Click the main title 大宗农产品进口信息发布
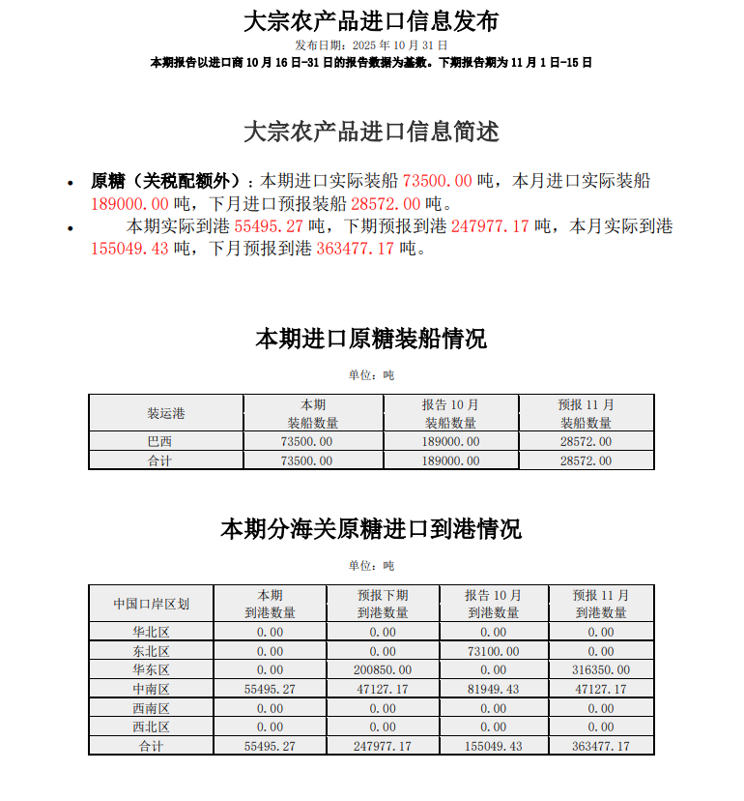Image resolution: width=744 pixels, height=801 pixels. coord(371,20)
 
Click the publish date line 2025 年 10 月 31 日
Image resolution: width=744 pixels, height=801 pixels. coord(371,45)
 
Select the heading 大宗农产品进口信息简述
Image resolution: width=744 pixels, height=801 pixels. coord(371,132)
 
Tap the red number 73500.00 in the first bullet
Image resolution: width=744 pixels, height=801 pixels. coord(438,181)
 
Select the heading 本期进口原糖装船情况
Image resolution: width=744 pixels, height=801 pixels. coord(371,339)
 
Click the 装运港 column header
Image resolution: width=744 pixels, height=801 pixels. coord(165,413)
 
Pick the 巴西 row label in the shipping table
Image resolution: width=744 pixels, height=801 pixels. coord(165,442)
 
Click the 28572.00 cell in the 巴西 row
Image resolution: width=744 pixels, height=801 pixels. coord(586,442)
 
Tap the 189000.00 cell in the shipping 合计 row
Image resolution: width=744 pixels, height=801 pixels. coord(450,461)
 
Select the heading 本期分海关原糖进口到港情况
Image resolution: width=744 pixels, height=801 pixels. coord(371,529)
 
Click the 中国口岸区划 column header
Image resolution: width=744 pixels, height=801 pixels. coord(151,604)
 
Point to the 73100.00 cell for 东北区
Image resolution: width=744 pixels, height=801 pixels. coord(493,651)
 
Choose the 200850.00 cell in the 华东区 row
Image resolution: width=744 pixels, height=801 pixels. coord(383,669)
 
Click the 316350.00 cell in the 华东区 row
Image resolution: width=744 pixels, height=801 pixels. coord(600,669)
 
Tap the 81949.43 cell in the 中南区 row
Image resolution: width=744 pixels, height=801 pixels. coord(493,689)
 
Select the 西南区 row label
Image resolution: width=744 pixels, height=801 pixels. coord(151,708)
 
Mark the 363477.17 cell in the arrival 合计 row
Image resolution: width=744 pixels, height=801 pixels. coord(600,746)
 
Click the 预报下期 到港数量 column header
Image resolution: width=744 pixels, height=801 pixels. coord(383,604)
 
